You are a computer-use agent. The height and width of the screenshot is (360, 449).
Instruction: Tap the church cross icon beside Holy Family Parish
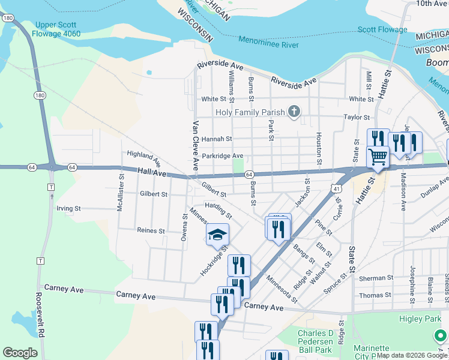[294, 111]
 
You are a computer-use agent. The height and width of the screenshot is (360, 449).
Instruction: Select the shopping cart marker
[378, 158]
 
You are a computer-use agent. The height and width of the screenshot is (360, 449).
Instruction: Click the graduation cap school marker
[217, 235]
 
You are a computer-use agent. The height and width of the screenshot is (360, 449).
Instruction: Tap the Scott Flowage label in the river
[382, 29]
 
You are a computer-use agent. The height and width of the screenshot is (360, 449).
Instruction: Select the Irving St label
[68, 209]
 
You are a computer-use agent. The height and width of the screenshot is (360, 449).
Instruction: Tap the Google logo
[20, 353]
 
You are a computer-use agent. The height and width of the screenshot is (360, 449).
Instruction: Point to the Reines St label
[151, 230]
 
